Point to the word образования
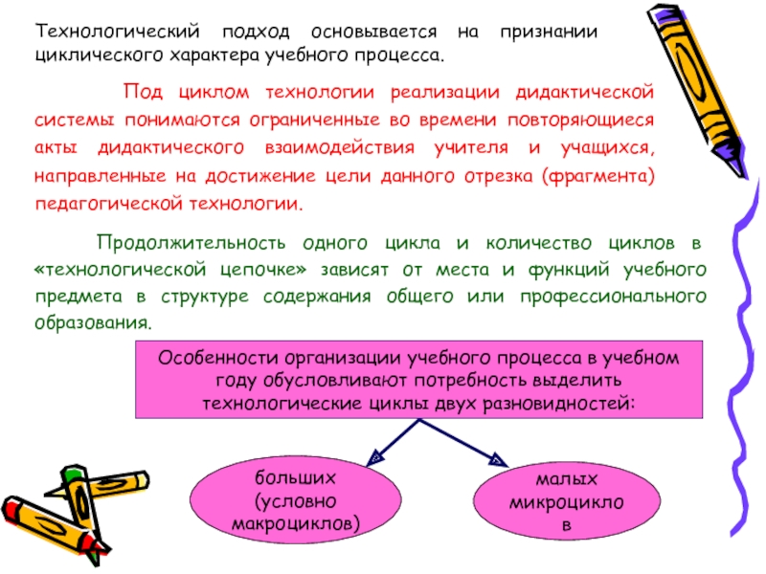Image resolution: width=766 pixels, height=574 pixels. pyautogui.click(x=92, y=322)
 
